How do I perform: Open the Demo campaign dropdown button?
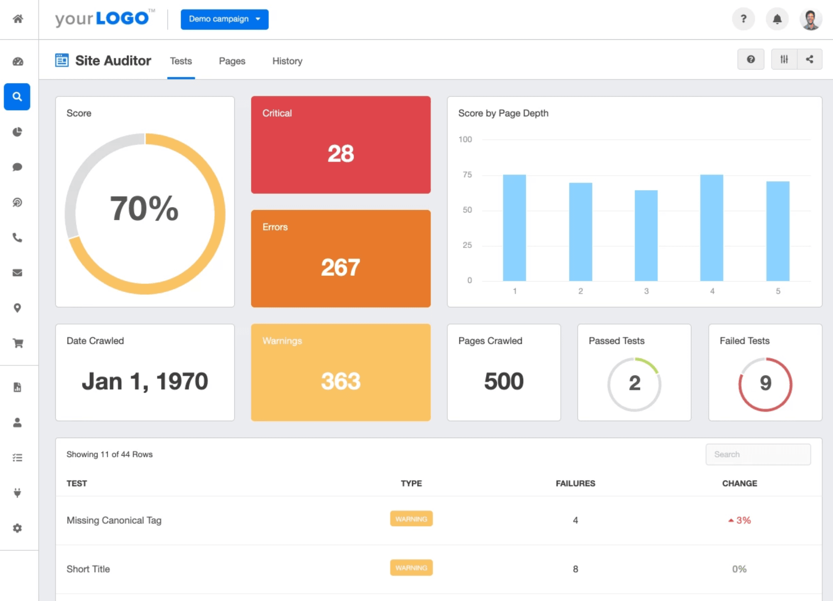pos(224,19)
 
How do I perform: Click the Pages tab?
pos(232,61)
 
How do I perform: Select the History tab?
pos(287,61)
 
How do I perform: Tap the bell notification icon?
pos(777,19)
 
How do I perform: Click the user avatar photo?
pos(810,19)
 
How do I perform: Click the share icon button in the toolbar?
pos(809,59)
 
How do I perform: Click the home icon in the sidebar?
pos(18,19)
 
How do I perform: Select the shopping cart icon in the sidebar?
pos(18,343)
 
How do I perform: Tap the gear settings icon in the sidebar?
pos(17,528)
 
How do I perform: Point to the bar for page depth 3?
pos(646,236)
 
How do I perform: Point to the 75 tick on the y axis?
pos(467,175)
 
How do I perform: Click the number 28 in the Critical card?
pos(340,153)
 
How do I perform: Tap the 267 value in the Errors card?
pos(340,267)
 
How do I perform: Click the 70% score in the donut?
pos(144,209)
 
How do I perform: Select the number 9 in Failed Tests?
pos(765,383)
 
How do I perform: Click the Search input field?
pos(758,454)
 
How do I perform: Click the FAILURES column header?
pos(575,483)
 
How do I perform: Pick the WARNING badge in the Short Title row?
pos(411,568)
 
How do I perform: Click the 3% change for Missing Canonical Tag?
pos(740,520)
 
